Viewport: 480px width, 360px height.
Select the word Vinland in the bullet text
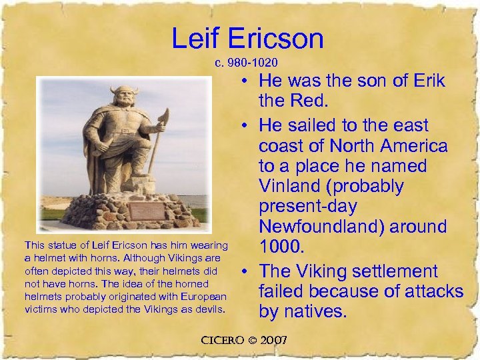point(295,185)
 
